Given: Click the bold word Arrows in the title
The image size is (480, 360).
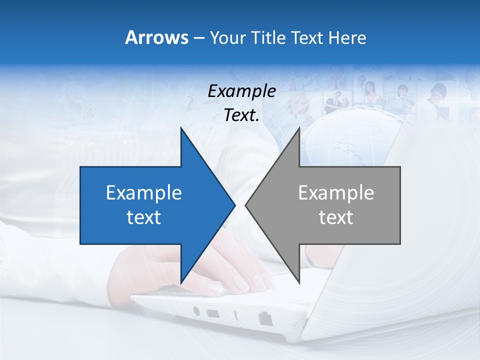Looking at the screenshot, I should click(156, 37).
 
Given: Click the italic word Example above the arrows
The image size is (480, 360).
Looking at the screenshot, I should click(241, 91).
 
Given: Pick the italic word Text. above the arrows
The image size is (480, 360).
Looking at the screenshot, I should click(241, 115).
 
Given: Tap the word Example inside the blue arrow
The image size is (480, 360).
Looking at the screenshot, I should click(144, 193).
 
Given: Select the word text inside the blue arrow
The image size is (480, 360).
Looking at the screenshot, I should click(144, 217).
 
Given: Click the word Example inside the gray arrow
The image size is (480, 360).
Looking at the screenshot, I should click(336, 193).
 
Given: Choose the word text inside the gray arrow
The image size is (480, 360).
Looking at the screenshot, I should click(336, 217).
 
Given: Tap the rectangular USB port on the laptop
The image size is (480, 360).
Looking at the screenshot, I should click(213, 314).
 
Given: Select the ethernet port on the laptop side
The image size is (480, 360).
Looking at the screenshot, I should click(263, 318).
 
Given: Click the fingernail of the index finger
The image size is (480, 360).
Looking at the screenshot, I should click(216, 288).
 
